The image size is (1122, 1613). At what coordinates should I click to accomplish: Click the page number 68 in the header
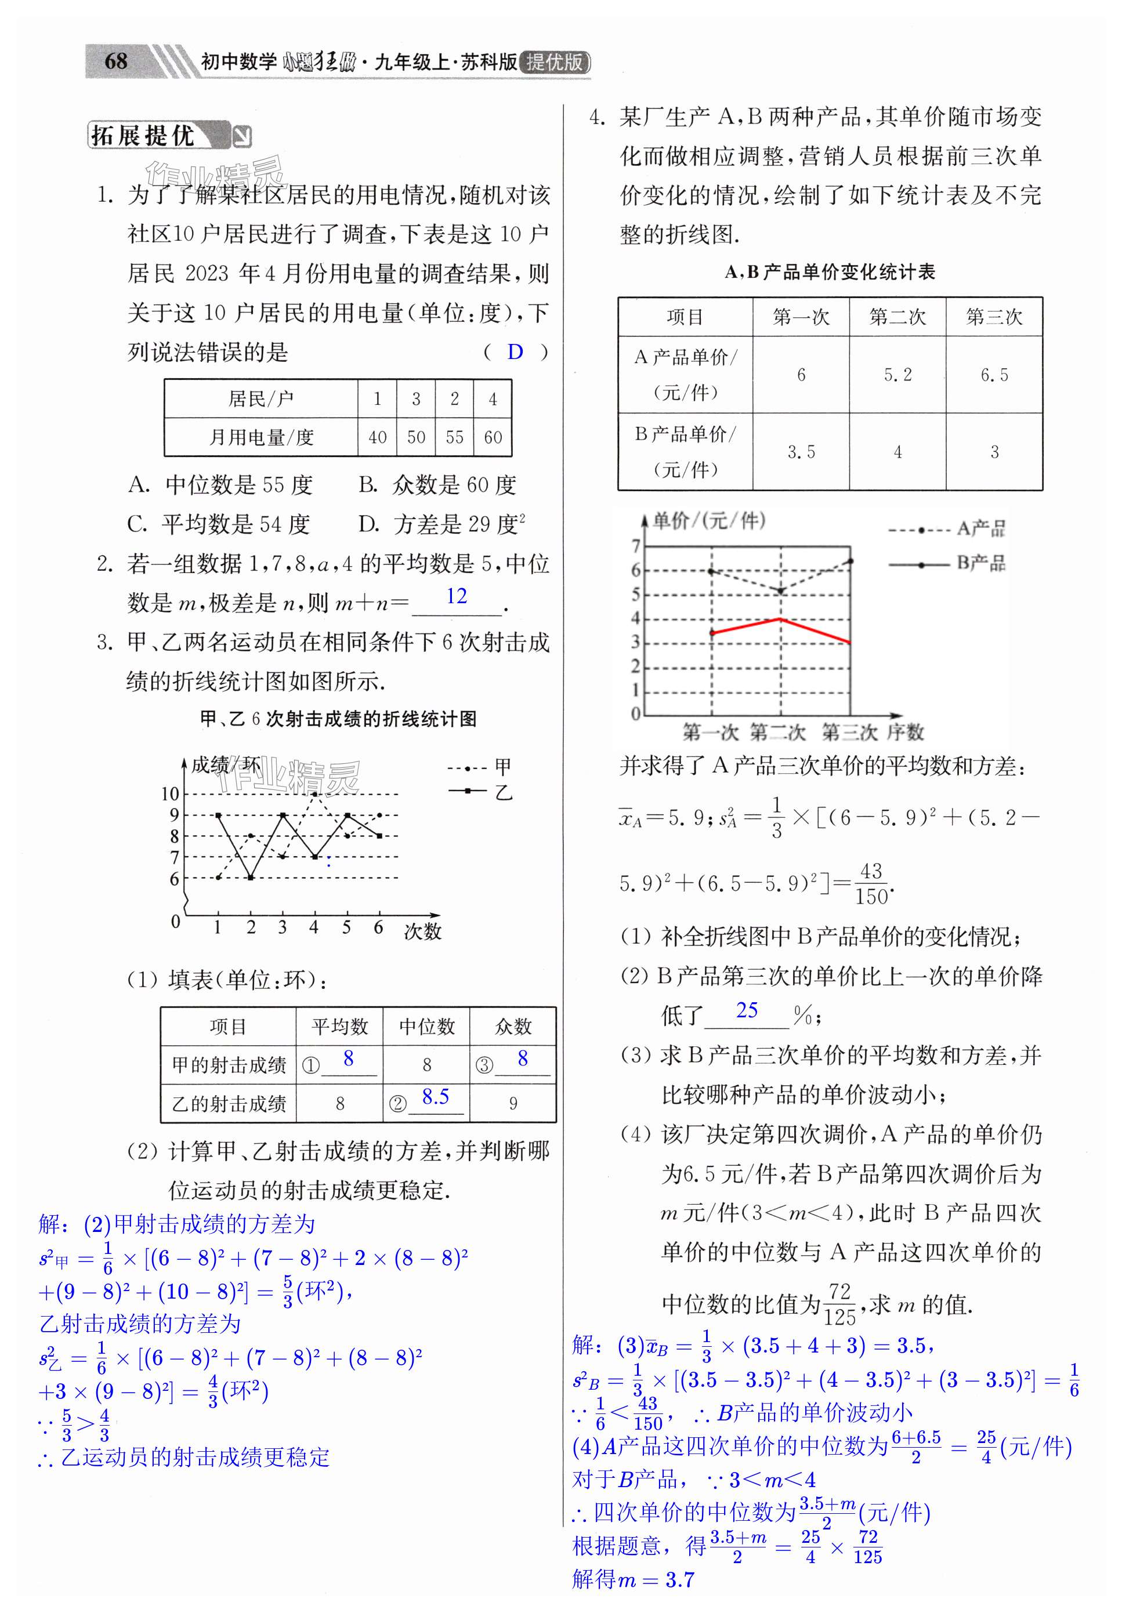pos(116,62)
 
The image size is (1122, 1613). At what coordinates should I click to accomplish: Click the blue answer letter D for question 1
pos(515,352)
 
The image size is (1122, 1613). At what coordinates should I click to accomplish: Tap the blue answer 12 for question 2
pos(457,596)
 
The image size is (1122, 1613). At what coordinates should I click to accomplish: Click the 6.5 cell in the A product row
pos(993,375)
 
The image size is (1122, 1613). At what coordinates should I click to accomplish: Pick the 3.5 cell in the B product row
pos(801,452)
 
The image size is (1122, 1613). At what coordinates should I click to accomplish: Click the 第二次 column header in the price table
pos(897,317)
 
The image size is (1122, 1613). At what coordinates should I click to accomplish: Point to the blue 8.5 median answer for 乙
pos(435,1097)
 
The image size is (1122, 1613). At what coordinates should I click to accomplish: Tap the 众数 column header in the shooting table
pos(513,1027)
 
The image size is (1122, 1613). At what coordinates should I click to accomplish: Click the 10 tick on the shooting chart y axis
pos(170,794)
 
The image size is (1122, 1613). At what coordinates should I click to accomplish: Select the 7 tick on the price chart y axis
pos(636,546)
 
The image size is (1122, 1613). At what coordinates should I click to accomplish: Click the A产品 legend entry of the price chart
pos(980,529)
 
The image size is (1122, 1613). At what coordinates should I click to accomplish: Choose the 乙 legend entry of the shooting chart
pos(503,792)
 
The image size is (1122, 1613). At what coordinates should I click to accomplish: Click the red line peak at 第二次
pos(780,619)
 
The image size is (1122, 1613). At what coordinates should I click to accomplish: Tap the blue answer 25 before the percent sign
pos(747,1010)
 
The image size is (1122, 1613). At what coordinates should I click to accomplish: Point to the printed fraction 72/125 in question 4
pos(839,1304)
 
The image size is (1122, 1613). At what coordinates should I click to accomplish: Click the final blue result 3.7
pos(679,1580)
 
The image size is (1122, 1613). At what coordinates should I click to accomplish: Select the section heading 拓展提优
pos(143,136)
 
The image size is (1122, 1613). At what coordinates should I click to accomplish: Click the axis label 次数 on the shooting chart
pos(422,931)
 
